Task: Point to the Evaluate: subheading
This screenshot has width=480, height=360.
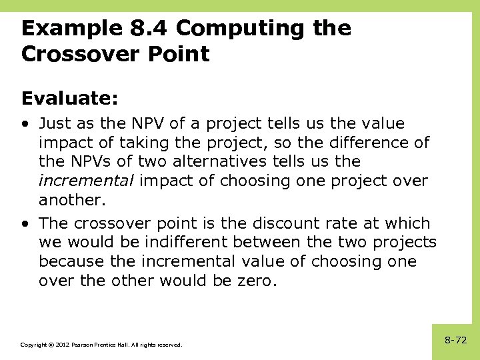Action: tap(70, 99)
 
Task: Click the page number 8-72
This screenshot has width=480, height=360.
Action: tap(455, 340)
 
